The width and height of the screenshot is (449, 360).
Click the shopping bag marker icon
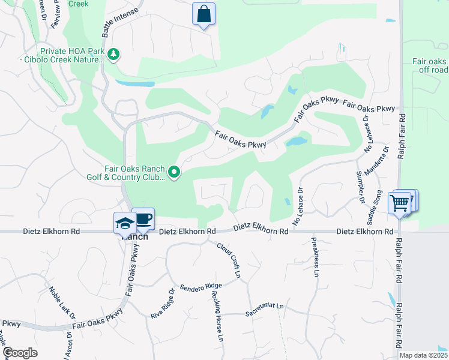[203, 14]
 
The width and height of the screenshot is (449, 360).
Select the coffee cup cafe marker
[143, 218]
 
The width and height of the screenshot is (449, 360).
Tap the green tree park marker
[113, 55]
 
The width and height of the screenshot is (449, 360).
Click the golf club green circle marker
[174, 173]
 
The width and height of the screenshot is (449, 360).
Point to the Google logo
[20, 353]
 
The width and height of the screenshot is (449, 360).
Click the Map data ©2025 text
[423, 355]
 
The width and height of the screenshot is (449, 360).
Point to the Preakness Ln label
[314, 257]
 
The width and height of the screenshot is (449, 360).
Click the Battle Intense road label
[120, 23]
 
